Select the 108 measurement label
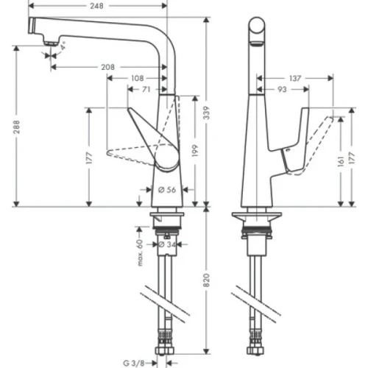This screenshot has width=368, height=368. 136,77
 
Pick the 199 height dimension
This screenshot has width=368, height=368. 194,151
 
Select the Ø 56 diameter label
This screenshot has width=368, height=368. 166,190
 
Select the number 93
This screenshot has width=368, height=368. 283,89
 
